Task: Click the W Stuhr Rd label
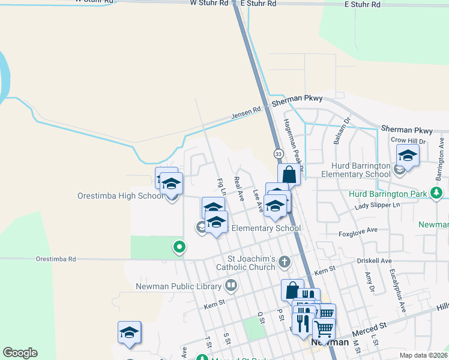coord(209,3)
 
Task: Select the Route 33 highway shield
coord(279,154)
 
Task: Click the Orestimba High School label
coord(120,196)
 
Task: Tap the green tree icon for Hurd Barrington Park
coord(439,193)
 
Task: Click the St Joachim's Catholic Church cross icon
coord(285,261)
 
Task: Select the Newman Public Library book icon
coord(231,285)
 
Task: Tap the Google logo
coord(20,353)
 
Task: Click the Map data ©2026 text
coord(423,355)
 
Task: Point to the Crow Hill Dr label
coord(408,140)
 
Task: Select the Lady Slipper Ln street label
coord(377,205)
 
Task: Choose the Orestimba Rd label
coord(56,259)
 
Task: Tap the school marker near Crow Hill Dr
coord(408,156)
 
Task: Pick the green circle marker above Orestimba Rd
coord(178,246)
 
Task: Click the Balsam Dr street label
coord(336,136)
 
